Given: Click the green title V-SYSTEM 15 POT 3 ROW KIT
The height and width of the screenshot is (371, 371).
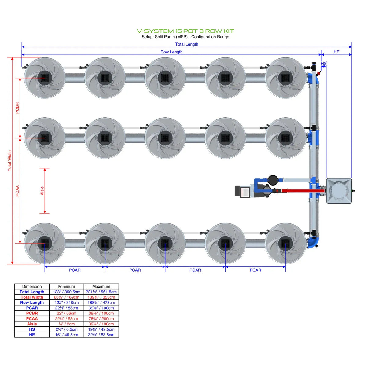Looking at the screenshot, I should point(185,31).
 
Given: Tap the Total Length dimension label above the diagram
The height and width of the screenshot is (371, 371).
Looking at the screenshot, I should point(186,44).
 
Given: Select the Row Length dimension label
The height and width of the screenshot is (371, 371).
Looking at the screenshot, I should point(171,52).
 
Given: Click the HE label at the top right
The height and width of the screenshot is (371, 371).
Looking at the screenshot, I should point(336,52).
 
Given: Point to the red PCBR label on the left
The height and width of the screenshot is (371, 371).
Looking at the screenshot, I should point(17,108).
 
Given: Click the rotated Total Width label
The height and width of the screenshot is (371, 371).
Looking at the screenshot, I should point(9,160).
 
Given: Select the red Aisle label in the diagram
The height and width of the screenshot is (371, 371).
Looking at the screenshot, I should point(42,191).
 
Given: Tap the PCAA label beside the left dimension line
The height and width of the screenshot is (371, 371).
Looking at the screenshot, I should point(17,191).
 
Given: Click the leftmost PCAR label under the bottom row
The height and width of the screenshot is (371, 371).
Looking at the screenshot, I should point(75,270).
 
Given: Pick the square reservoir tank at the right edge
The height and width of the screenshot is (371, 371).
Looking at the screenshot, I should point(339,191).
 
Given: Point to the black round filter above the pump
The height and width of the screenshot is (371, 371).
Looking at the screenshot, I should point(273,179).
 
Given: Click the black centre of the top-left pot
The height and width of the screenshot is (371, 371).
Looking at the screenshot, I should point(45,78).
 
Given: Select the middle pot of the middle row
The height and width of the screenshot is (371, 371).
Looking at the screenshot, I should point(165,138).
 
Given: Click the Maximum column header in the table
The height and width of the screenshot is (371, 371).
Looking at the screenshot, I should point(101,286).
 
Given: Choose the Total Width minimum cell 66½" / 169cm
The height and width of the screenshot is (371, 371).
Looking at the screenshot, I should point(67,297).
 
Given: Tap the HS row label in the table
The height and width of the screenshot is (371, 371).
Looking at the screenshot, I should point(32,329).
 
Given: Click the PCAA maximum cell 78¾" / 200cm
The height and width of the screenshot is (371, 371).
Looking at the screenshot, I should point(101,318).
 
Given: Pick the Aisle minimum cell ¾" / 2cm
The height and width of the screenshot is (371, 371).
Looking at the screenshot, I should point(67,324).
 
